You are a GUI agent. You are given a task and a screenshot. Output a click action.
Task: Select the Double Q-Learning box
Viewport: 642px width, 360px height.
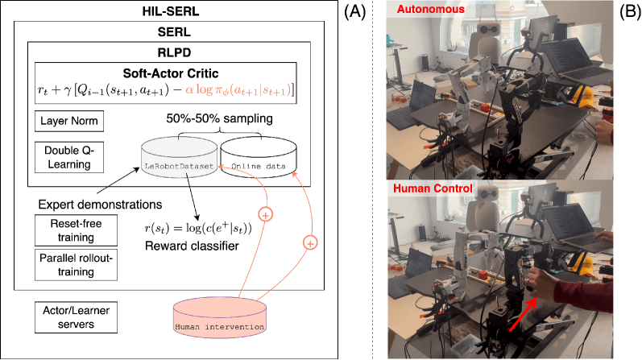68,157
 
